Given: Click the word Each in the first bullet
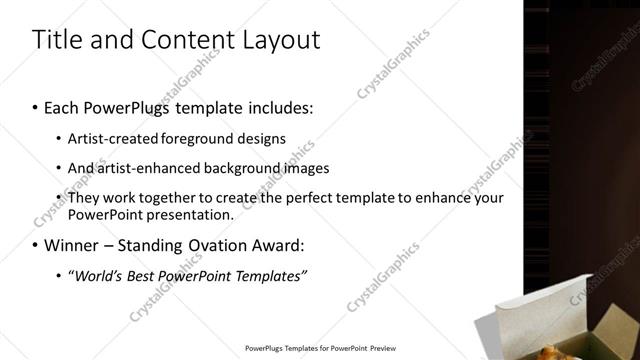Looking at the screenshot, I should click(62, 106).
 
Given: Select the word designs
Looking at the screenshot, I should click(261, 138).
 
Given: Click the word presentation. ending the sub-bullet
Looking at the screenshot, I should click(188, 214).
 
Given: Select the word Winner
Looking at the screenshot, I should click(71, 245).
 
